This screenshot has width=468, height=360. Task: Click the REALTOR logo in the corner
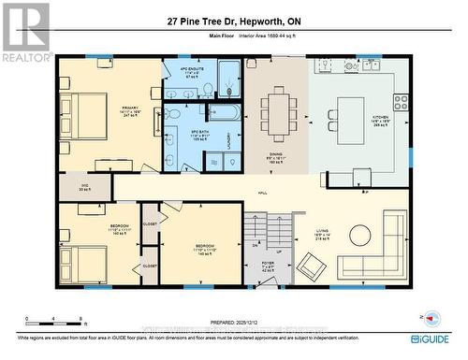coord(25,32)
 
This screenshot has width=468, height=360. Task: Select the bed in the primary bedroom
coord(84,117)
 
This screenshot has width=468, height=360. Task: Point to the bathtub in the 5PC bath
coord(225,113)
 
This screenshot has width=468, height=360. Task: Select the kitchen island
coord(351,120)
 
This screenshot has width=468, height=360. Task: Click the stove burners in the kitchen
coord(401,99)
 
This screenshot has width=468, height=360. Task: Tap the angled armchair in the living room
coord(312,267)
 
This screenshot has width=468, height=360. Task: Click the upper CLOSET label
coord(150,223)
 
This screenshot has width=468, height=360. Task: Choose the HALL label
coord(262,193)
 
